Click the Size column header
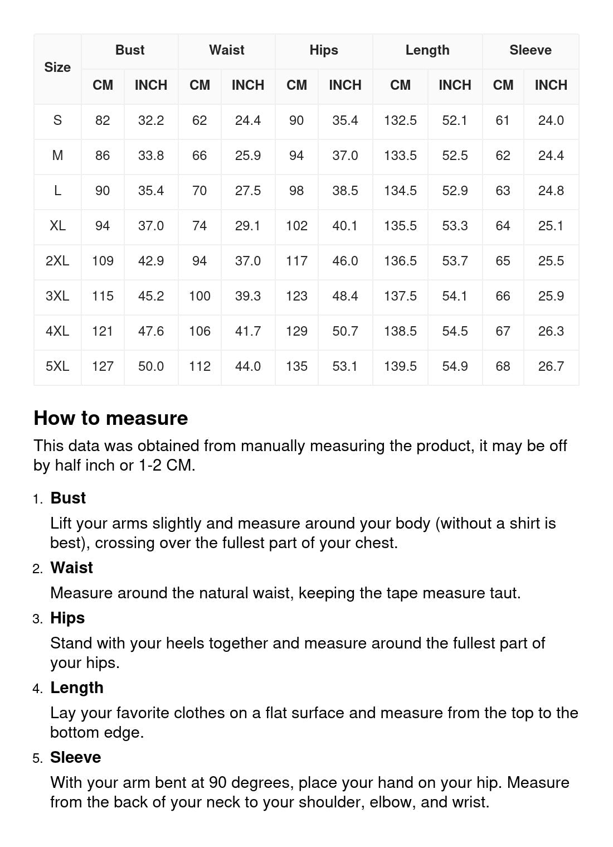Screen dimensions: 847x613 pos(57,67)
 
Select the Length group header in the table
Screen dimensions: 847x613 pos(427,50)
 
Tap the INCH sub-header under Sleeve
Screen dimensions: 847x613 pos(551,85)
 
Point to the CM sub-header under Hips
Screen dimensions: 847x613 pos(296,85)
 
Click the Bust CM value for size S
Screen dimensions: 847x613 pos(103,120)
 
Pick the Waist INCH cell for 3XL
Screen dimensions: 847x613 pos(247,296)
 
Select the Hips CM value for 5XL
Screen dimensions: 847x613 pos(296,366)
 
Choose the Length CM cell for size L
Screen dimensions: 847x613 pos(400,191)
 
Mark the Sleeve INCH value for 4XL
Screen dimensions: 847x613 pos(551,331)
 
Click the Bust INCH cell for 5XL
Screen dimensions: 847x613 pos(151,366)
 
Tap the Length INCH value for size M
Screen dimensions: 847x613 pos(455,156)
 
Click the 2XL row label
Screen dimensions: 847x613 pos(57,261)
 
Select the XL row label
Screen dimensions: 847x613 pos(57,226)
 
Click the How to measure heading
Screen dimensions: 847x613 pos(111,418)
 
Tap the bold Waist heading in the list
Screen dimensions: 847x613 pos(71,568)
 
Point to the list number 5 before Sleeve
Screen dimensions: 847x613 pos(37,758)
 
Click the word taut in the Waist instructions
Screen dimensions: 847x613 pos(504,593)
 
